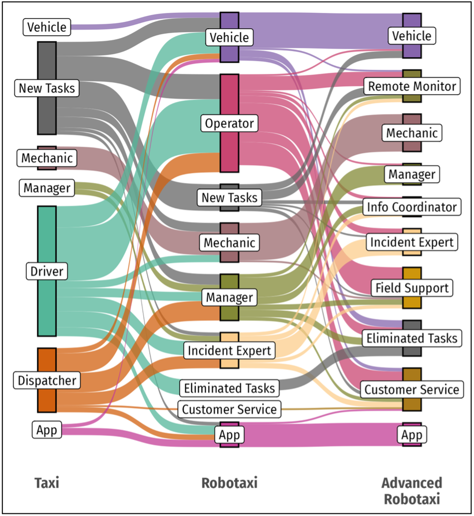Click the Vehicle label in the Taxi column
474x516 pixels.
(47, 27)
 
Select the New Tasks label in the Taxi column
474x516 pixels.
(47, 88)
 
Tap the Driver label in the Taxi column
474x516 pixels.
(47, 271)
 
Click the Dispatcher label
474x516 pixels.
(47, 380)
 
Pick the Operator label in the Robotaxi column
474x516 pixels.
(229, 123)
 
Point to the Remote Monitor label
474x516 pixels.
(412, 86)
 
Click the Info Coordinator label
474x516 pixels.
(412, 207)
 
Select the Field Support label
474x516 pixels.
(412, 287)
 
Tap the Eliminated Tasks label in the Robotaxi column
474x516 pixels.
(229, 388)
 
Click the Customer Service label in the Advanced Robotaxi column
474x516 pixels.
(412, 389)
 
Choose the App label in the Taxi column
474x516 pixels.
(47, 430)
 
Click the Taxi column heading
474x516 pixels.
(47, 483)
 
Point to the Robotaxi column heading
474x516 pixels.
(229, 483)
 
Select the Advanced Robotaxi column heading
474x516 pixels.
(412, 491)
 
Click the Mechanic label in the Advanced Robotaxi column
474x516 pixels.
(412, 133)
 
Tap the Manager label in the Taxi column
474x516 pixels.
(47, 188)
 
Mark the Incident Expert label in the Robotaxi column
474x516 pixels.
(229, 351)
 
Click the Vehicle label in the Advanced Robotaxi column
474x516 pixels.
(412, 36)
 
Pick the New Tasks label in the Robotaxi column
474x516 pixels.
(229, 198)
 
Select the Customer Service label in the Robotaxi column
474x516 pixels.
(229, 409)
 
